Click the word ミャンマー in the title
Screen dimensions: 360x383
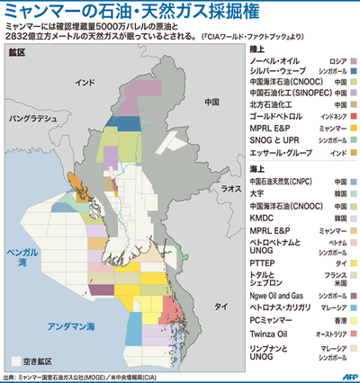pos(36,13)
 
